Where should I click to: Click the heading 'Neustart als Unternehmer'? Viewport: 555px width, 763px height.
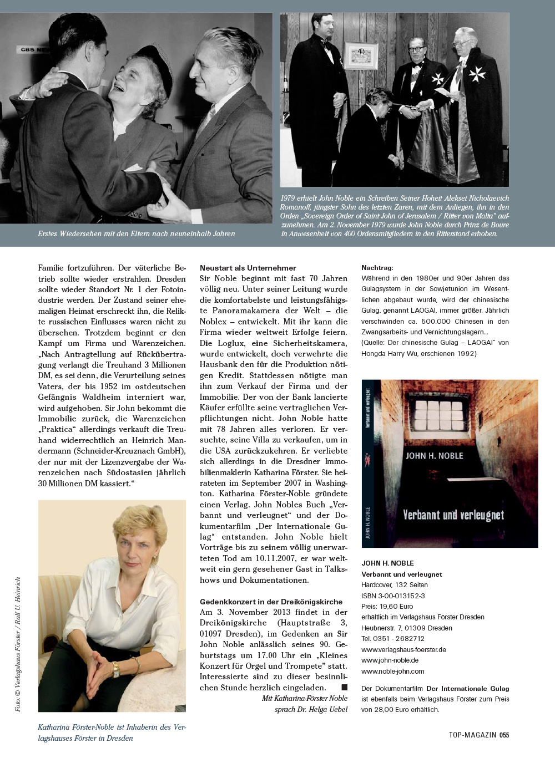tap(248, 268)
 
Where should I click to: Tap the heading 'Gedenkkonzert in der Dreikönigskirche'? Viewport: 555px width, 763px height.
tap(271, 602)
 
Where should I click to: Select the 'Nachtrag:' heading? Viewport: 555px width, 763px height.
tap(377, 268)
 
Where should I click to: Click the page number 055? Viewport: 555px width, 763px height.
tap(504, 735)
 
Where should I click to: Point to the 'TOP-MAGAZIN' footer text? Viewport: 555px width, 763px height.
tap(472, 735)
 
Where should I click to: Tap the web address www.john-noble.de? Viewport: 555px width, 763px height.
tap(390, 660)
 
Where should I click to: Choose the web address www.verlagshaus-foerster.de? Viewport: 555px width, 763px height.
tap(403, 649)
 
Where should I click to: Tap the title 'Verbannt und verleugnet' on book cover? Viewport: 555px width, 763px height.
tap(453, 515)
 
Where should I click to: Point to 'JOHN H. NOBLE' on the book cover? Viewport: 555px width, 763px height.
tap(434, 456)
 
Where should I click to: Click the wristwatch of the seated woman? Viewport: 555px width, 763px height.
tap(116, 669)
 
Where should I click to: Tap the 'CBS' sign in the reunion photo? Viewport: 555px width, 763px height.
tap(28, 49)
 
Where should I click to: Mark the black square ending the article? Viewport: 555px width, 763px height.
tap(344, 688)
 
